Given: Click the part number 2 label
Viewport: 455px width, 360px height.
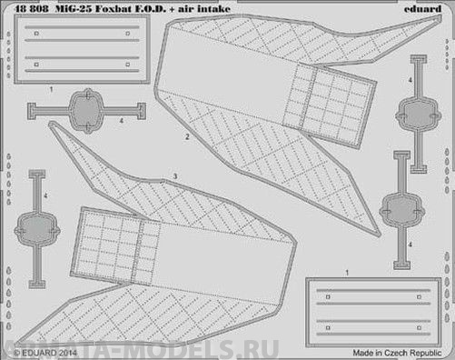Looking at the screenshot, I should [186, 138].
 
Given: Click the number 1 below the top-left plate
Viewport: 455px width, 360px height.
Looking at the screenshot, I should [52, 89].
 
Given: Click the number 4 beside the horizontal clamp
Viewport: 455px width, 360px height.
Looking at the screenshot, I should [122, 119].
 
